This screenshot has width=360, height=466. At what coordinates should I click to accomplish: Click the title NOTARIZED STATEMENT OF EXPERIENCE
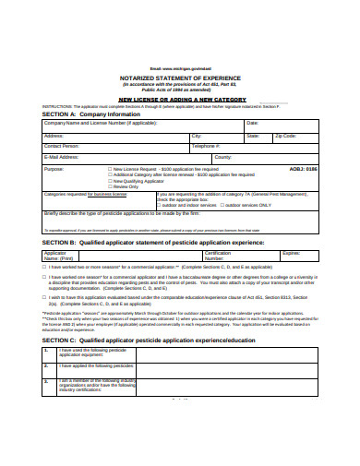[179, 79]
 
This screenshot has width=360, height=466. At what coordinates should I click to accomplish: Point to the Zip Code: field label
[285, 135]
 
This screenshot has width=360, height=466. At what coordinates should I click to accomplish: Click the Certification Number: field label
[218, 255]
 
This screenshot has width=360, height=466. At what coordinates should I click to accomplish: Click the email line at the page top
[179, 69]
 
